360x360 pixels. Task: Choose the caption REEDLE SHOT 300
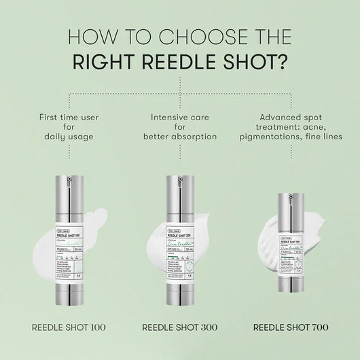click(x=179, y=327)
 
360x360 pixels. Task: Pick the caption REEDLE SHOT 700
click(x=291, y=327)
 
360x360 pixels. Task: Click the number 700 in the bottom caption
click(x=317, y=327)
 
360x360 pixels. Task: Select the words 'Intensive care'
click(x=179, y=117)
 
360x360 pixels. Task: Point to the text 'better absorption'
click(x=179, y=137)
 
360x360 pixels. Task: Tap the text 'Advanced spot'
click(x=291, y=117)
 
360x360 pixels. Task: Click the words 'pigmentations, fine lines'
click(x=291, y=137)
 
